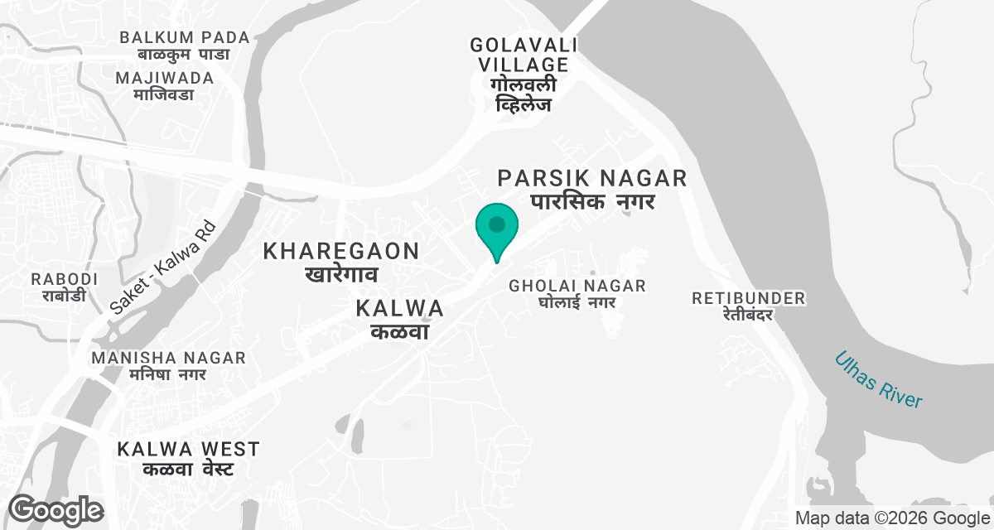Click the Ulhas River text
[879, 379]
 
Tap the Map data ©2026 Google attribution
[888, 518]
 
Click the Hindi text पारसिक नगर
[592, 201]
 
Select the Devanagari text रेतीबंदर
[749, 315]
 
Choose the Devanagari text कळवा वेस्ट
[188, 470]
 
